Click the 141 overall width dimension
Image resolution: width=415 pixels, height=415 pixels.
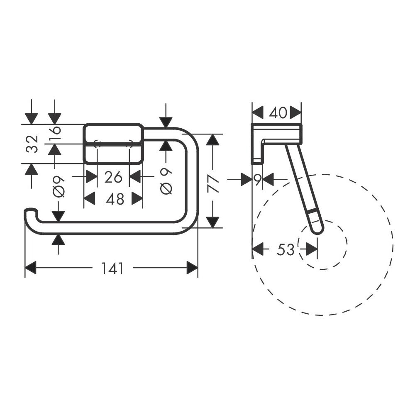112,269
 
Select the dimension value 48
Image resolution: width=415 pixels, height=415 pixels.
115,199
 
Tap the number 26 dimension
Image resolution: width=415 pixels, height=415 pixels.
113,177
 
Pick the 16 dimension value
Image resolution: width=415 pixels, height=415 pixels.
55,133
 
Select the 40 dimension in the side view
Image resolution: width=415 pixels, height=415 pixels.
278,113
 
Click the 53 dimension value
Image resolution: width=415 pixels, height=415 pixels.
286,249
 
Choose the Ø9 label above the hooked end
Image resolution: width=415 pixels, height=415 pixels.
59,187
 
